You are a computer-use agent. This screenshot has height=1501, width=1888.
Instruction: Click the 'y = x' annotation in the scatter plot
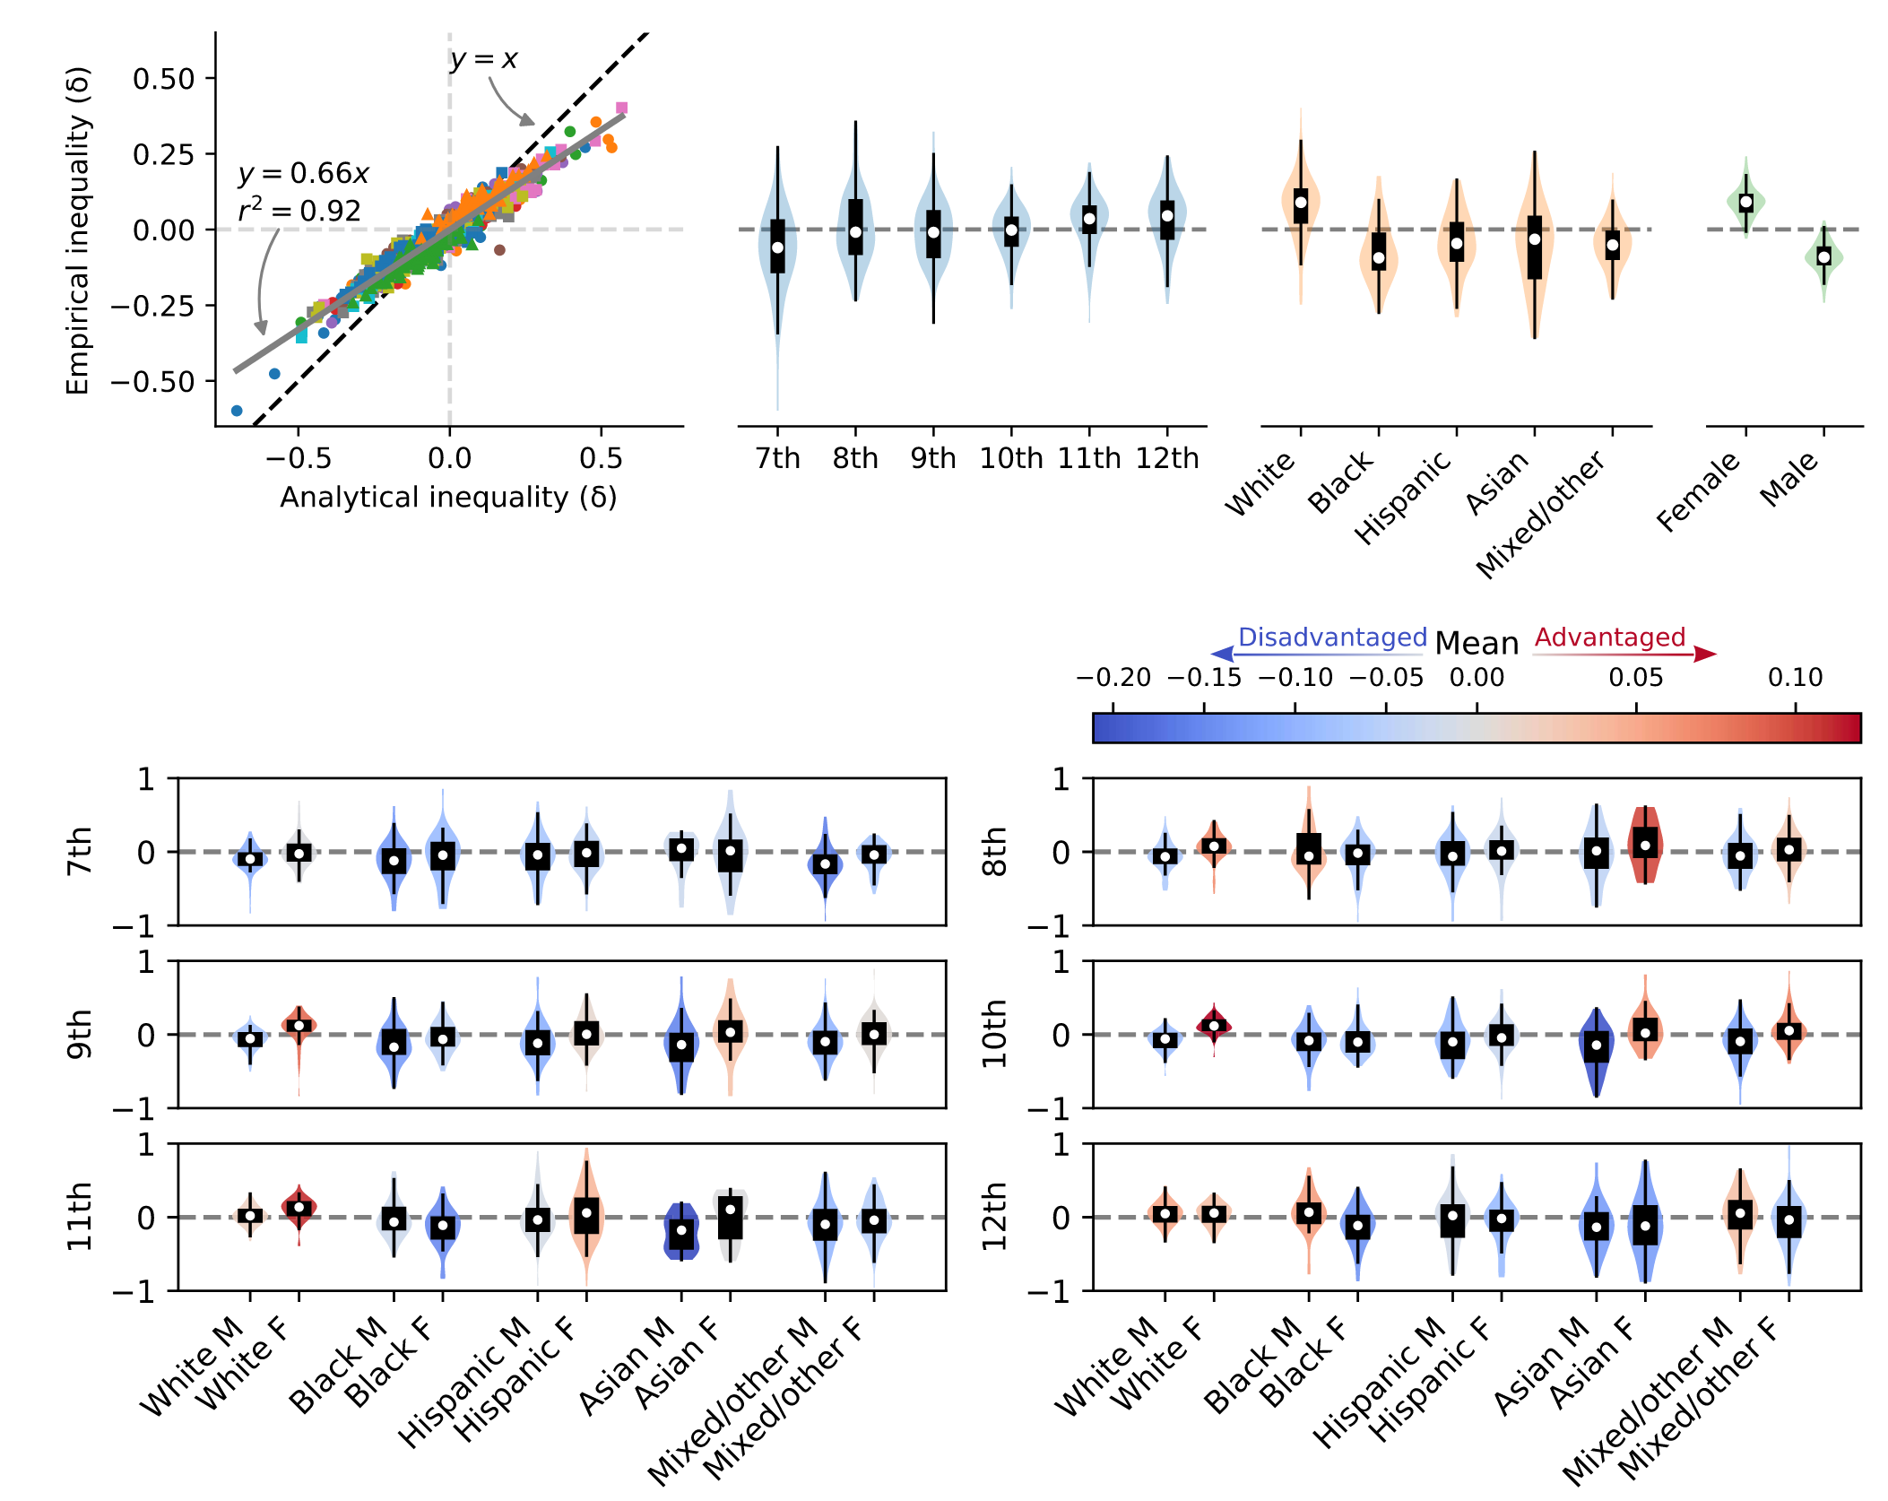(484, 59)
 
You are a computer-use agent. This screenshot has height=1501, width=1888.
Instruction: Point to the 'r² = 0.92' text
(299, 211)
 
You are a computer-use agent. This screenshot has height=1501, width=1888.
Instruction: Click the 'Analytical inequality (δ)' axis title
(448, 497)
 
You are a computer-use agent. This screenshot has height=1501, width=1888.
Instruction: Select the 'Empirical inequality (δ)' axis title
(79, 230)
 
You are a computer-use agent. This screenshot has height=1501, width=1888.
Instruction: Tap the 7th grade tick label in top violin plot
(777, 458)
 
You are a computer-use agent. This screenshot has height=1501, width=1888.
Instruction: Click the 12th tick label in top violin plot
(1167, 458)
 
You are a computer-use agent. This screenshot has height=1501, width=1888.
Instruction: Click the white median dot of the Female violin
(1745, 203)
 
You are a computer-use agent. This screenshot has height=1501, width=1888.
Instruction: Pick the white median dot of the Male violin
(1823, 257)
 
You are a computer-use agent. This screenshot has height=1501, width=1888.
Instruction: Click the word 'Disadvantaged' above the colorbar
(1332, 638)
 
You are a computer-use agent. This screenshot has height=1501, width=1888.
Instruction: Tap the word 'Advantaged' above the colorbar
(1610, 638)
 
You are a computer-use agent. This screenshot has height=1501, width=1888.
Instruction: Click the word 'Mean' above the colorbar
(1477, 644)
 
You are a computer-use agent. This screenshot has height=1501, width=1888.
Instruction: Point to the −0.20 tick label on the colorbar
(1113, 678)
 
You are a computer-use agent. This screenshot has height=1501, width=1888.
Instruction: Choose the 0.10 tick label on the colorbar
(1795, 678)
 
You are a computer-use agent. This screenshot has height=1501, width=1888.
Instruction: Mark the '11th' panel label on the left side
(80, 1217)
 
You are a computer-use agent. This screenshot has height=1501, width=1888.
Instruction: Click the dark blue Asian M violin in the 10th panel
(1596, 1054)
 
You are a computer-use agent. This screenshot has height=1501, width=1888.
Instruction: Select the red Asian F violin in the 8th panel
(1645, 843)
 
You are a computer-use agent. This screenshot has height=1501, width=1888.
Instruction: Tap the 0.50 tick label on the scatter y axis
(163, 79)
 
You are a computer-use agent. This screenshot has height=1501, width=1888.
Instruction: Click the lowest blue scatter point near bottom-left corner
(237, 411)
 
